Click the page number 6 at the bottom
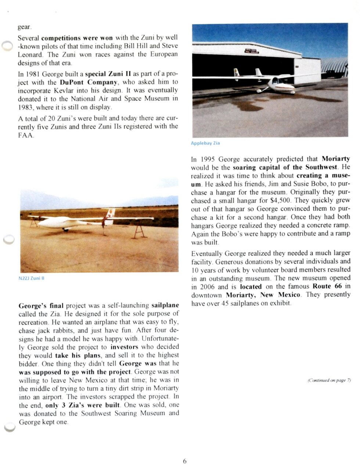click(185, 461)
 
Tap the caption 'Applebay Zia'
click(205, 143)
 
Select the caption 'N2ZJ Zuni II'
click(31, 278)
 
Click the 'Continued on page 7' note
click(329, 380)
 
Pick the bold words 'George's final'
click(41, 305)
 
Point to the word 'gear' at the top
click(25, 27)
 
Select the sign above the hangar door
click(251, 51)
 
